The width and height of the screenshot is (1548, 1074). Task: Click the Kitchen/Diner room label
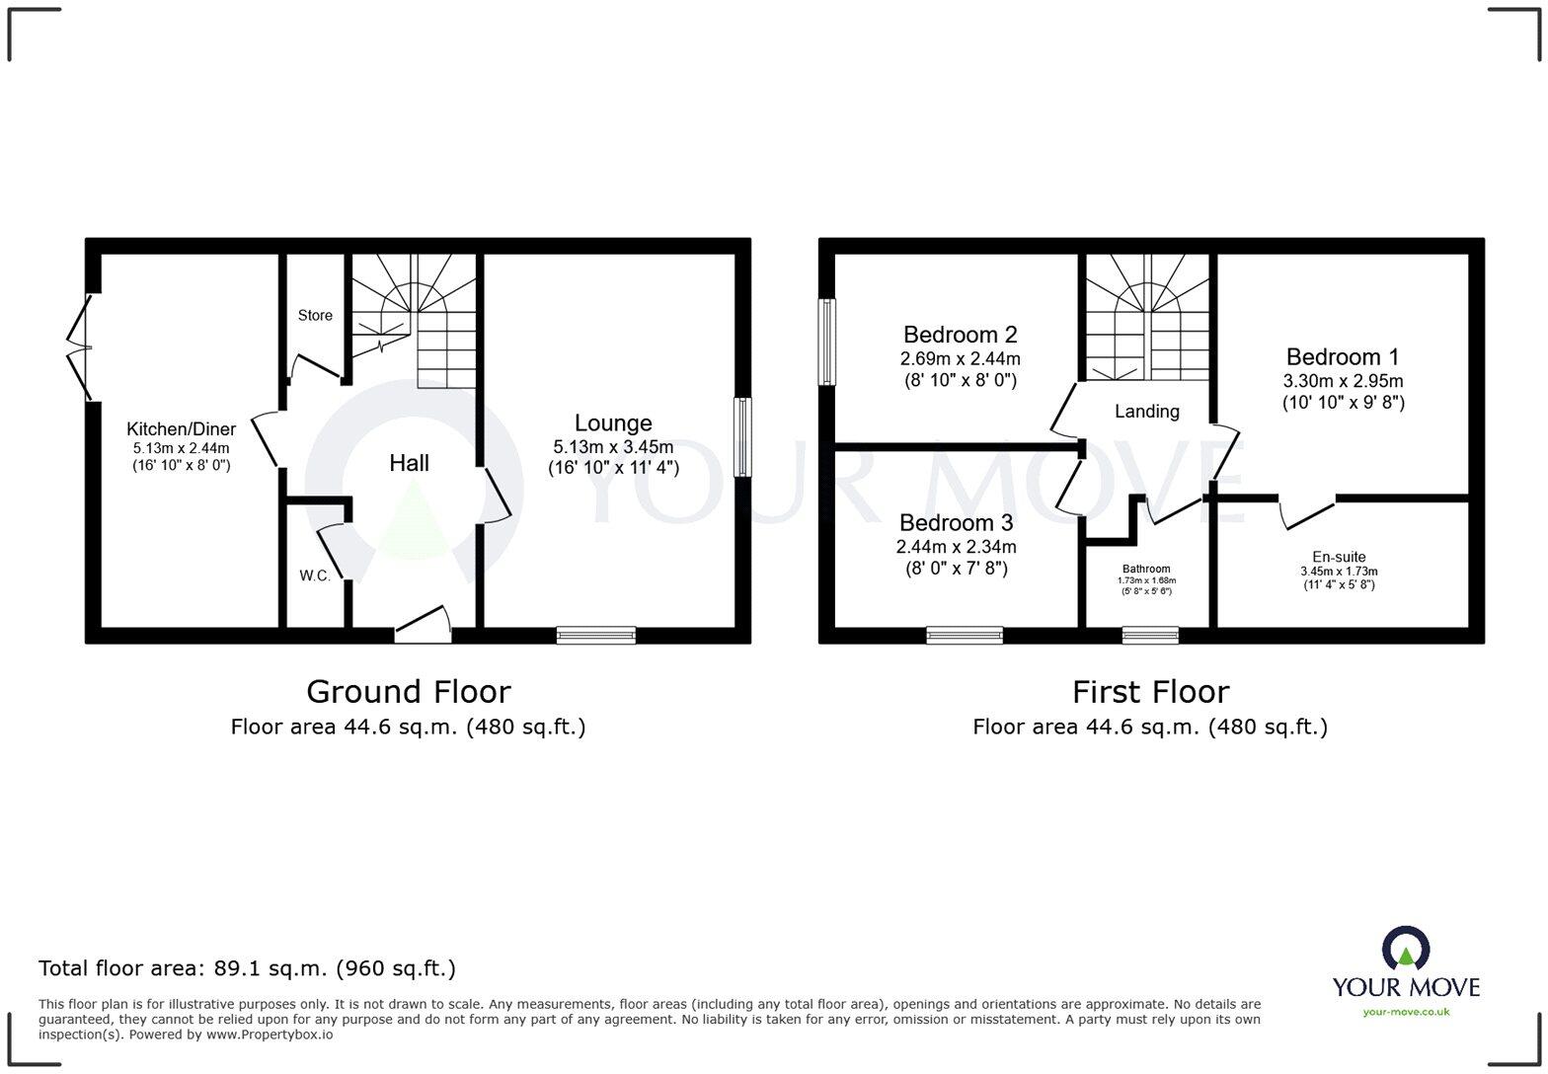(x=181, y=429)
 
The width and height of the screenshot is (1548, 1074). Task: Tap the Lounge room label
(x=613, y=422)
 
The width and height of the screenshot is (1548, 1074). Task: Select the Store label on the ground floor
(x=315, y=316)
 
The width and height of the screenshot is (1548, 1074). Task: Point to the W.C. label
(x=315, y=575)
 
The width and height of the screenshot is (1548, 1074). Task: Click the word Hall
(x=409, y=463)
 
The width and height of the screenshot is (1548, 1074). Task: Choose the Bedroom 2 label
(x=960, y=335)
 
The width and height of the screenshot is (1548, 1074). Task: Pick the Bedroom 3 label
(x=956, y=522)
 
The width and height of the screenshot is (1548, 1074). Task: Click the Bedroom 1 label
(x=1342, y=356)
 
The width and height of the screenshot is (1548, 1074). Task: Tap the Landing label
(x=1146, y=412)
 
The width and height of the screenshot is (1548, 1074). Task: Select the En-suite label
(x=1339, y=557)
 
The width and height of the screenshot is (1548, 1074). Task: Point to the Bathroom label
(x=1145, y=569)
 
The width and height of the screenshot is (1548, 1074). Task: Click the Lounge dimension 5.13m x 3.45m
(x=613, y=447)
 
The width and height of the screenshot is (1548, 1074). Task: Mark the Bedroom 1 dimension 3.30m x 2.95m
(x=1343, y=381)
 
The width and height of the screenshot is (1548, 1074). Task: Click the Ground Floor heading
(x=408, y=691)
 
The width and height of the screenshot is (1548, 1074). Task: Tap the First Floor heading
(x=1150, y=691)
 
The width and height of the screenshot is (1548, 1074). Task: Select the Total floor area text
(x=247, y=968)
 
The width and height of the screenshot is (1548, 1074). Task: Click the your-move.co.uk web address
(x=1406, y=1011)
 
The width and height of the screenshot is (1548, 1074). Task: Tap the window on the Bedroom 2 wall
(x=827, y=342)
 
